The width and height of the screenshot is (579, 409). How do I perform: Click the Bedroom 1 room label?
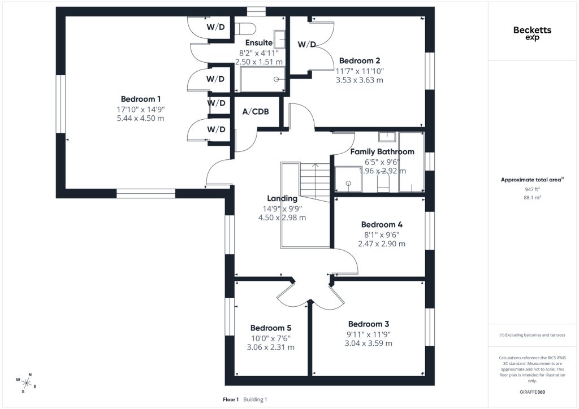141,99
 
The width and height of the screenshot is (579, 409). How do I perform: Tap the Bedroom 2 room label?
359,60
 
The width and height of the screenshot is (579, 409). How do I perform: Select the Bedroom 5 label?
271,328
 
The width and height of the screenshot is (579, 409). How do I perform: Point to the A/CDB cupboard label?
256,111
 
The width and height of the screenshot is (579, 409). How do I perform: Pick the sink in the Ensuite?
280,40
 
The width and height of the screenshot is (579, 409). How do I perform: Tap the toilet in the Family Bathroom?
383,182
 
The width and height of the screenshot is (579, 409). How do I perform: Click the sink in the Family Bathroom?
387,137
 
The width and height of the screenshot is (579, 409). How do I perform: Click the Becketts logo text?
532,30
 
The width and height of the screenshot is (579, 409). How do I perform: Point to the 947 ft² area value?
532,189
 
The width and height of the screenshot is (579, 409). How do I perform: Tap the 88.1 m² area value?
532,197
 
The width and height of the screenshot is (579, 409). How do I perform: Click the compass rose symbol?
26,384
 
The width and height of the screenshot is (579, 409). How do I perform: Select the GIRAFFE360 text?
532,392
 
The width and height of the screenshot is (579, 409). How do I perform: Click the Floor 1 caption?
231,399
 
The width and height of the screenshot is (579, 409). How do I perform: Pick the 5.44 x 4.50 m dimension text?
141,119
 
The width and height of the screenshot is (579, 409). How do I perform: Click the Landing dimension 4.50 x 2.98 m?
282,217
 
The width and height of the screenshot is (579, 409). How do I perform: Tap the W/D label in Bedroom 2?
307,45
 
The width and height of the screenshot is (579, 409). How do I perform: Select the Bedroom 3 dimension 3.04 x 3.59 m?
369,343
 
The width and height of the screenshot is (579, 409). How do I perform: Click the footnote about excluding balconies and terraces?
532,335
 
